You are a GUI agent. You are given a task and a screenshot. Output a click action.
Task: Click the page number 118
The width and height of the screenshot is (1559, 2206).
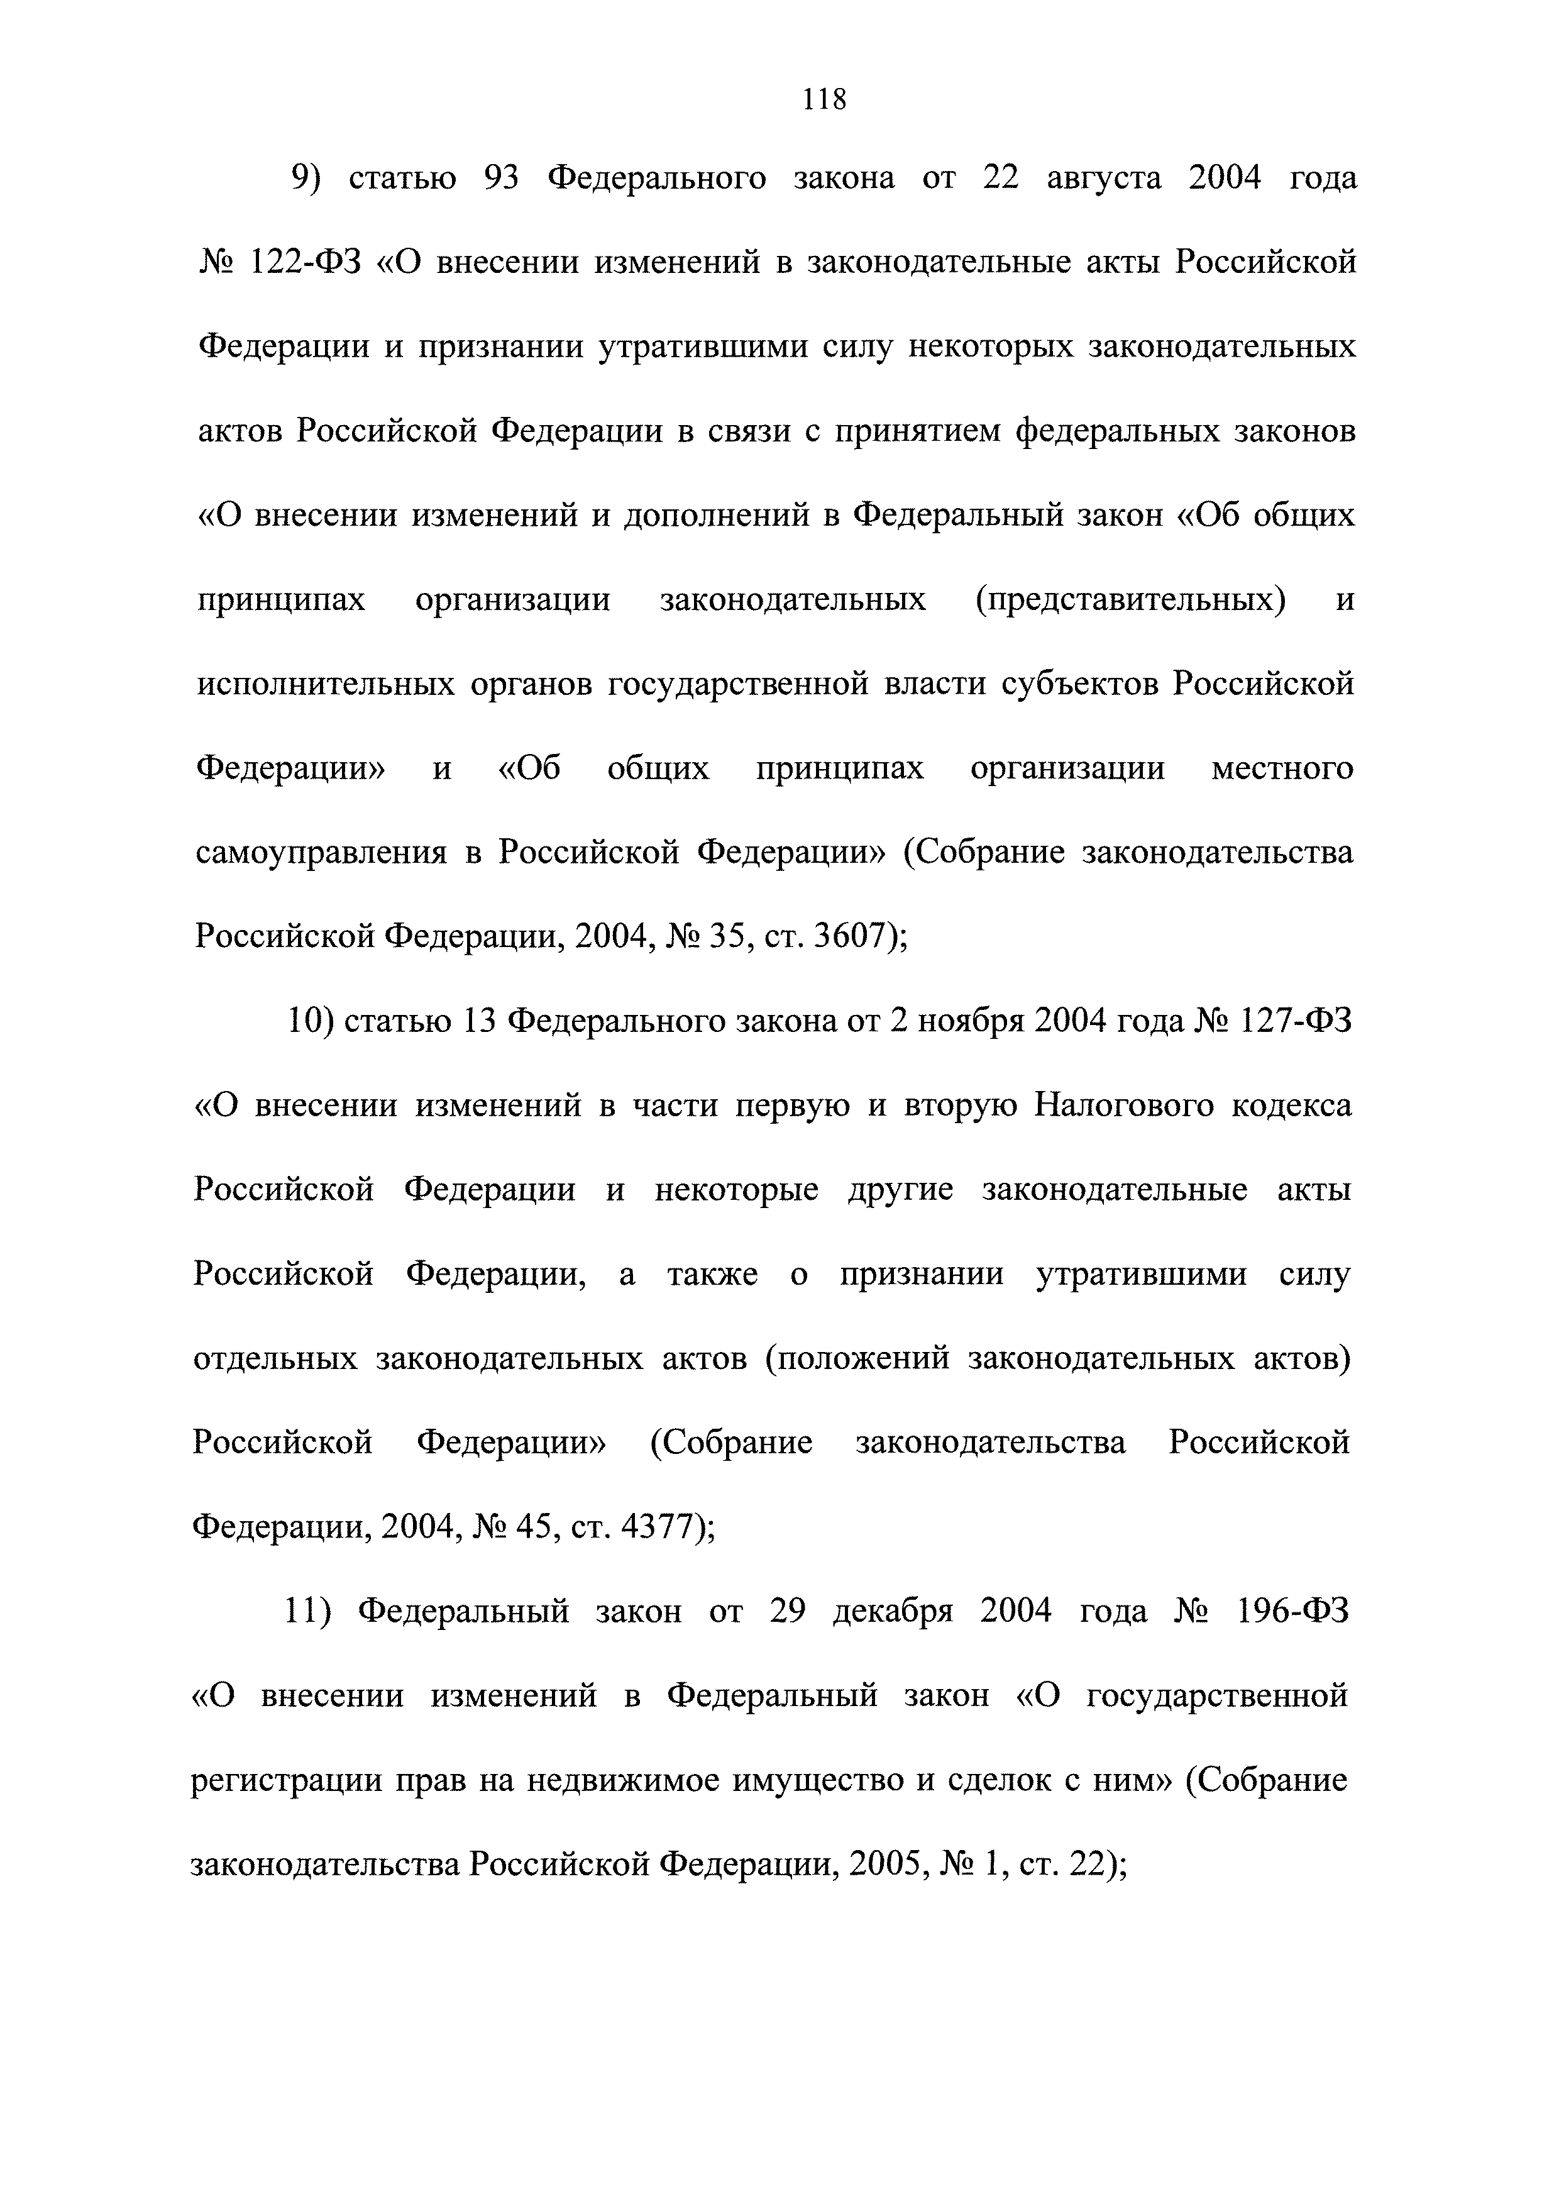[x=824, y=99]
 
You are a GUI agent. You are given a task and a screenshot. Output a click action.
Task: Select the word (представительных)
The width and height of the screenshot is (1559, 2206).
[x=1130, y=601]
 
